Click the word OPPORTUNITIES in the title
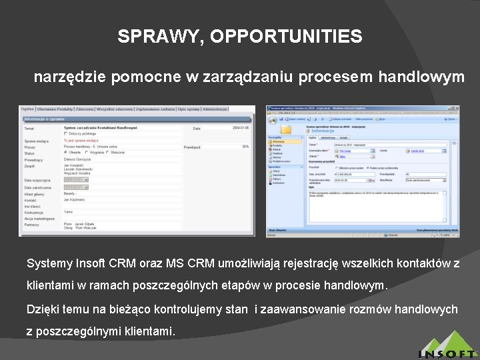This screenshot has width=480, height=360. pos(286,37)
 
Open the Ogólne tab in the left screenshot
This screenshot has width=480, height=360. pos(27,109)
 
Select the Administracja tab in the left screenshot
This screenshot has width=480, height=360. pos(215,109)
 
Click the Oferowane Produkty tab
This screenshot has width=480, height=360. pos(55,109)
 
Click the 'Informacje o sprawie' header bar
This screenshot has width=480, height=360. pos(47,119)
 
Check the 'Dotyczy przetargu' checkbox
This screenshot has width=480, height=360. pos(66,133)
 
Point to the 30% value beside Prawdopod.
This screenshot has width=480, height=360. pos(245,147)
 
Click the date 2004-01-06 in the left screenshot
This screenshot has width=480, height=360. pos(240,127)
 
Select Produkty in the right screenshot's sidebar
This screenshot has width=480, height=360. pos(277,145)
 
